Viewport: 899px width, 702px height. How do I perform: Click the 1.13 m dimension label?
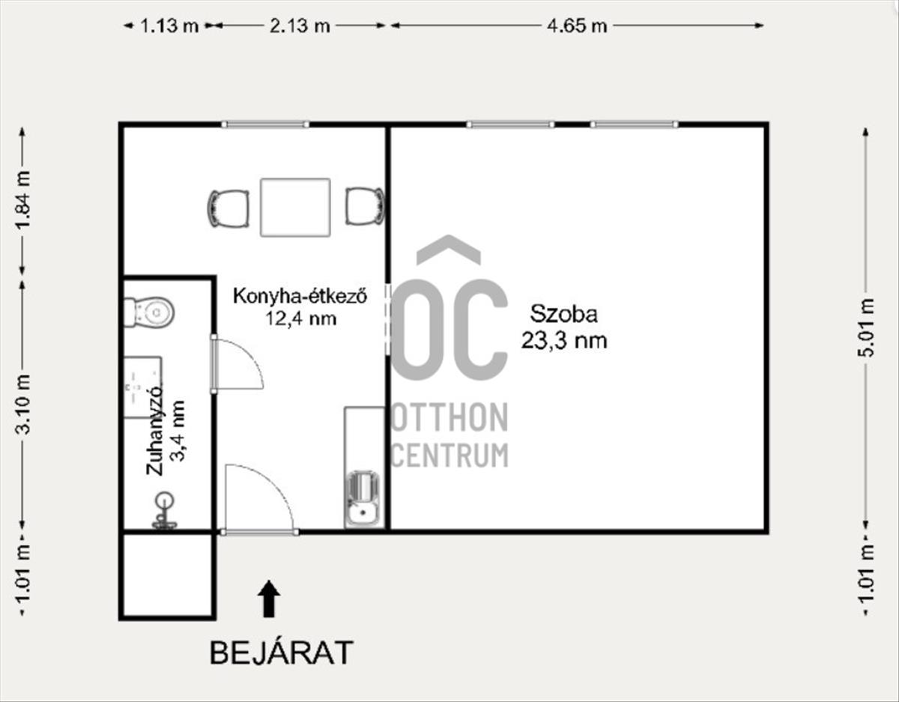point(169,26)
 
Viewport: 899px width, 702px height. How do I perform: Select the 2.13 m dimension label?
point(300,26)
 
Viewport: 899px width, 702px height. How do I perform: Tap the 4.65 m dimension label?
point(577,26)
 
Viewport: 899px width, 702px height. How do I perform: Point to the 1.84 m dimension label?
point(23,200)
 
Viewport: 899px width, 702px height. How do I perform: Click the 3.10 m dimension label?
point(23,404)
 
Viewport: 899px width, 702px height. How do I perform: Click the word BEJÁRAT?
point(282,653)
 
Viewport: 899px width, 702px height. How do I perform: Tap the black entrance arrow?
point(269,599)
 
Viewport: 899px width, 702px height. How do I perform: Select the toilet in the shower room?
point(149,312)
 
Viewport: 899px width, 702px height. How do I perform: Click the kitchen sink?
point(363,500)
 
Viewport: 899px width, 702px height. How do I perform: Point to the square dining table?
point(295,208)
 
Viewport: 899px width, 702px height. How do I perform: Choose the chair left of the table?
point(228,208)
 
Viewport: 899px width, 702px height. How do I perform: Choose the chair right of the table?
point(365,206)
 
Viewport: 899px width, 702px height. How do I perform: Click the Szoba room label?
point(564,314)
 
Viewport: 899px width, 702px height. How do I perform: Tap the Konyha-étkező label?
point(300,296)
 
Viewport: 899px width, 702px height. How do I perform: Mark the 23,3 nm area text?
point(564,341)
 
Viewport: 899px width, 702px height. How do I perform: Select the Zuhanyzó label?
point(154,430)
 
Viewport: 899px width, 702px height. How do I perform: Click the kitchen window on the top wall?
point(265,124)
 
